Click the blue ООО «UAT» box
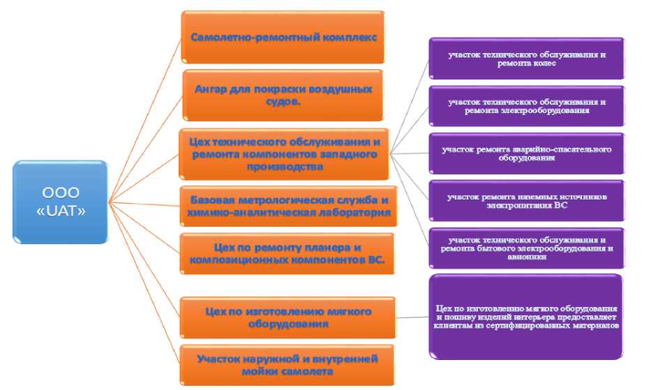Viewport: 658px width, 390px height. (61, 202)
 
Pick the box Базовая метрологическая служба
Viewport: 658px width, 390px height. (288, 206)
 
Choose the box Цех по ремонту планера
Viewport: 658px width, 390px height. (287, 253)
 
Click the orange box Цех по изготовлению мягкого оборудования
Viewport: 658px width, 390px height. (287, 317)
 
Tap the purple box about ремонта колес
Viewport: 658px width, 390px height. (527, 58)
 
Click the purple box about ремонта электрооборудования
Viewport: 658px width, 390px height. (527, 105)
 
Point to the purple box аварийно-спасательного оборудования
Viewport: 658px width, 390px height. (527, 153)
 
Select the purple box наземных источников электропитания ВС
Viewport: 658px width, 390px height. (527, 201)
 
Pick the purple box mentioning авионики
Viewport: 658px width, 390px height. (527, 247)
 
